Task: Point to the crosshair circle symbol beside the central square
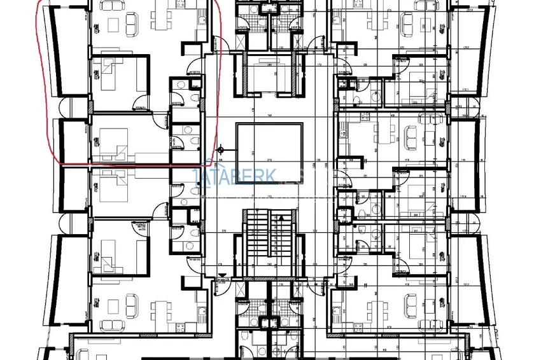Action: [x=221, y=150]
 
